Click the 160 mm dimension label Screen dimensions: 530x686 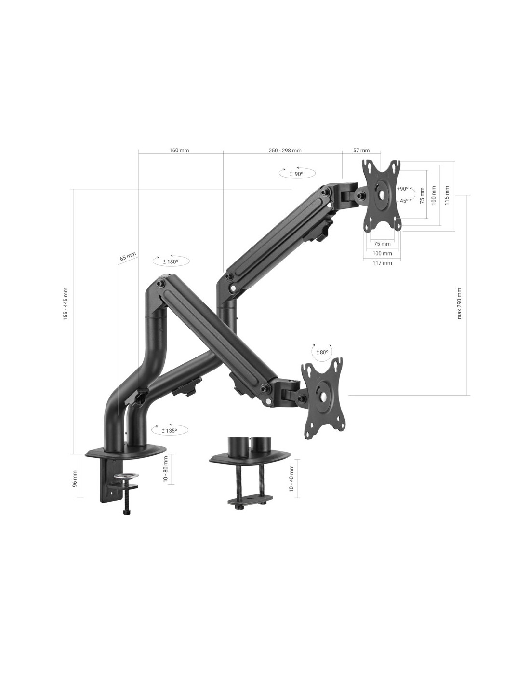click(179, 150)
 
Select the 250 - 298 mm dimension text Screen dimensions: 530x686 click(285, 150)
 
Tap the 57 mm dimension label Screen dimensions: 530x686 click(361, 150)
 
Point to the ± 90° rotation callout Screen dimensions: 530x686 click(297, 173)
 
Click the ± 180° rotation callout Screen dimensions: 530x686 click(171, 261)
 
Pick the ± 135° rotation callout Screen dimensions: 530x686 click(170, 430)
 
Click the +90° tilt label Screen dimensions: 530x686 click(403, 189)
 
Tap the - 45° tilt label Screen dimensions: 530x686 click(403, 201)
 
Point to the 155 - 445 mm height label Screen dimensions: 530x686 click(66, 304)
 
